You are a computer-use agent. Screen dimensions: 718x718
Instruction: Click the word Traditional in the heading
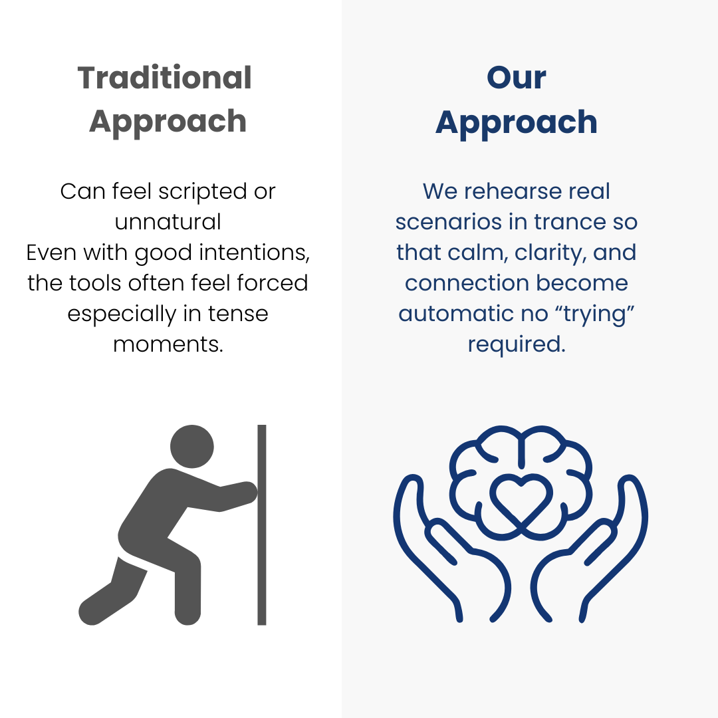164,77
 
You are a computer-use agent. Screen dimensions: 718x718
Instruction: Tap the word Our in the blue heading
516,77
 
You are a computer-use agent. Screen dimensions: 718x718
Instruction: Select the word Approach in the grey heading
168,122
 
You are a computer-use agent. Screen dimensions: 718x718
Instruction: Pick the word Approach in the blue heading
516,123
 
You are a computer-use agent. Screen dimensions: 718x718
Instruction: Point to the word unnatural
168,222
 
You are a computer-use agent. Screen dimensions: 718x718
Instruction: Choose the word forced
273,283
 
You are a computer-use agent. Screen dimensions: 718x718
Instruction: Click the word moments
168,344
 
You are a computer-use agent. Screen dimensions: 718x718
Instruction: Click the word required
517,344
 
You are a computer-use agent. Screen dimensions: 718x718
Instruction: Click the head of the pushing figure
192,447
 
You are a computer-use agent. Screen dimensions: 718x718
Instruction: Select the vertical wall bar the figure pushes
261,525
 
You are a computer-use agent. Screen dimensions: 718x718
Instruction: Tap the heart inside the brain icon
521,499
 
